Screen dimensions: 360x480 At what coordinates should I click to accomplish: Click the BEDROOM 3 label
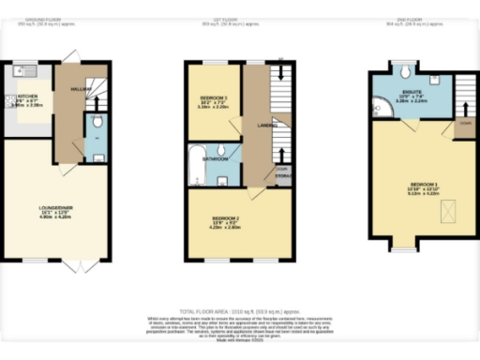coord(213,97)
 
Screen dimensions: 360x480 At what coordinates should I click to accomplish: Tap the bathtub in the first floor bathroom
coord(198,165)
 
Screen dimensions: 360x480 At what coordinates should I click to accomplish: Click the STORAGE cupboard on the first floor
coord(281,174)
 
